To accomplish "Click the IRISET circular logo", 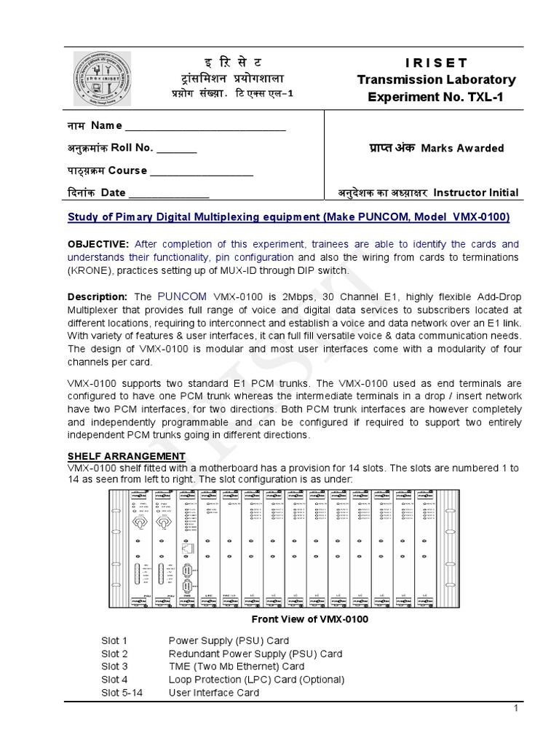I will point(102,78).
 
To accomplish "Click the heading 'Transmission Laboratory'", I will point(436,79).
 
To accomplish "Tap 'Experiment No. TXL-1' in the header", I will point(436,97).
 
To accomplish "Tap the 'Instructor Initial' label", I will point(476,193).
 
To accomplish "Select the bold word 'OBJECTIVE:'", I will point(98,244).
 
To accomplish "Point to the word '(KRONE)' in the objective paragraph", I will point(88,271).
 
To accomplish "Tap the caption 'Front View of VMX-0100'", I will point(309,619).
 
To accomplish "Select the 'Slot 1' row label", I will point(114,640).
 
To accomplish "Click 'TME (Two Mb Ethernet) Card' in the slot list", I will point(237,667).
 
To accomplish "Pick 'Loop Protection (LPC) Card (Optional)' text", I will point(256,680).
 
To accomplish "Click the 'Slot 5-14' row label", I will point(122,693).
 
